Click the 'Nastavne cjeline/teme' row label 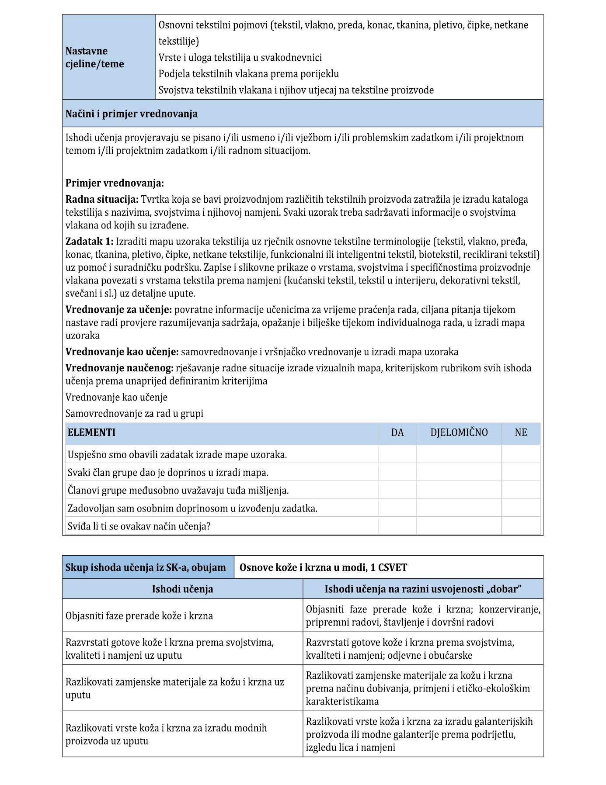pyautogui.click(x=95, y=57)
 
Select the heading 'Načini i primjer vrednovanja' pyautogui.click(x=132, y=114)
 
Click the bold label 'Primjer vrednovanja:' pyautogui.click(x=115, y=183)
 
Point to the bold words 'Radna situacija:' pyautogui.click(x=102, y=200)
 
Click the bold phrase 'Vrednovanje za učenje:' pyautogui.click(x=118, y=310)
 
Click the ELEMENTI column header pyautogui.click(x=92, y=432)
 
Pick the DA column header pyautogui.click(x=397, y=432)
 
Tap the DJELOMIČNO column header pyautogui.click(x=459, y=432)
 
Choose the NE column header pyautogui.click(x=521, y=432)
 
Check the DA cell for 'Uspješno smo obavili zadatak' pyautogui.click(x=397, y=454)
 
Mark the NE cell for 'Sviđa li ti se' pyautogui.click(x=521, y=526)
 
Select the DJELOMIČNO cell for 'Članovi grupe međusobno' pyautogui.click(x=459, y=490)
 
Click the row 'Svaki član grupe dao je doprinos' pyautogui.click(x=168, y=472)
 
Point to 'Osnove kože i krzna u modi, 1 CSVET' pyautogui.click(x=323, y=567)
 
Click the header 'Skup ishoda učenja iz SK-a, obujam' pyautogui.click(x=146, y=567)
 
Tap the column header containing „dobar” pyautogui.click(x=423, y=589)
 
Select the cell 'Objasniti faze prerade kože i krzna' pyautogui.click(x=139, y=616)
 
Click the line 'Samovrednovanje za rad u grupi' pyautogui.click(x=134, y=413)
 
